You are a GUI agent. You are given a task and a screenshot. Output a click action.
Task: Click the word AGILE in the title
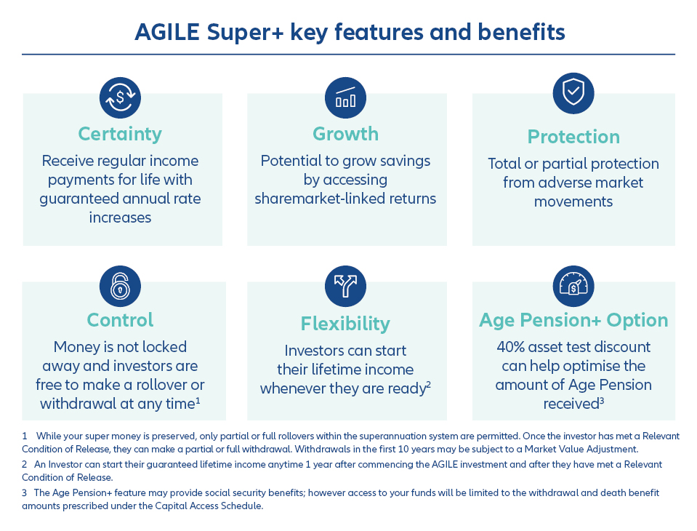(167, 33)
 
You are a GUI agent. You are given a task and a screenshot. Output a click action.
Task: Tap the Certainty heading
(120, 135)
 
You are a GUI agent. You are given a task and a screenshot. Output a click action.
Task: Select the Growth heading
(345, 134)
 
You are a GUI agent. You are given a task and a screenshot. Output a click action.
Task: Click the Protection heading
(573, 137)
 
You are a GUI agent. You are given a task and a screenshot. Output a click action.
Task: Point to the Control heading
(120, 320)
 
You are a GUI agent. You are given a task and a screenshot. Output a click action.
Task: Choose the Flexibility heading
(345, 324)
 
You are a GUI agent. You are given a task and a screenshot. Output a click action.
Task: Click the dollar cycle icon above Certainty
(120, 98)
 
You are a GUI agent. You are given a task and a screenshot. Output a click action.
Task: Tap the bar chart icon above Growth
(345, 98)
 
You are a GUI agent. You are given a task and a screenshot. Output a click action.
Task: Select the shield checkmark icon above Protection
(573, 93)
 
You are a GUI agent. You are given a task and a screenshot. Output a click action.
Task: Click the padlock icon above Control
(120, 286)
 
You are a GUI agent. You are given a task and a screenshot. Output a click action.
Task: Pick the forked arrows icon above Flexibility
(345, 286)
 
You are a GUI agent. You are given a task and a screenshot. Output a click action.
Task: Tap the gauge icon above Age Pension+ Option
(573, 286)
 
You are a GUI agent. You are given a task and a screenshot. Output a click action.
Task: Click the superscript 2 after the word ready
(429, 384)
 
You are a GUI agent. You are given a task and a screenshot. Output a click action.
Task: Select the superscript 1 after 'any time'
(198, 400)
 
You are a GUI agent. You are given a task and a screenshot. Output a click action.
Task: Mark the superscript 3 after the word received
(602, 400)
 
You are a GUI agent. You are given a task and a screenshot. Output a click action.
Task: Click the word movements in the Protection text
(573, 201)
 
